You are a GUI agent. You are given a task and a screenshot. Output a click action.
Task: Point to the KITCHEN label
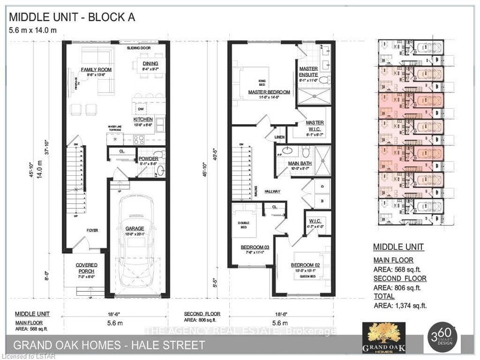pos(143,119)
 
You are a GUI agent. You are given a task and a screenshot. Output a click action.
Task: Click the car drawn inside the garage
pos(138,252)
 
